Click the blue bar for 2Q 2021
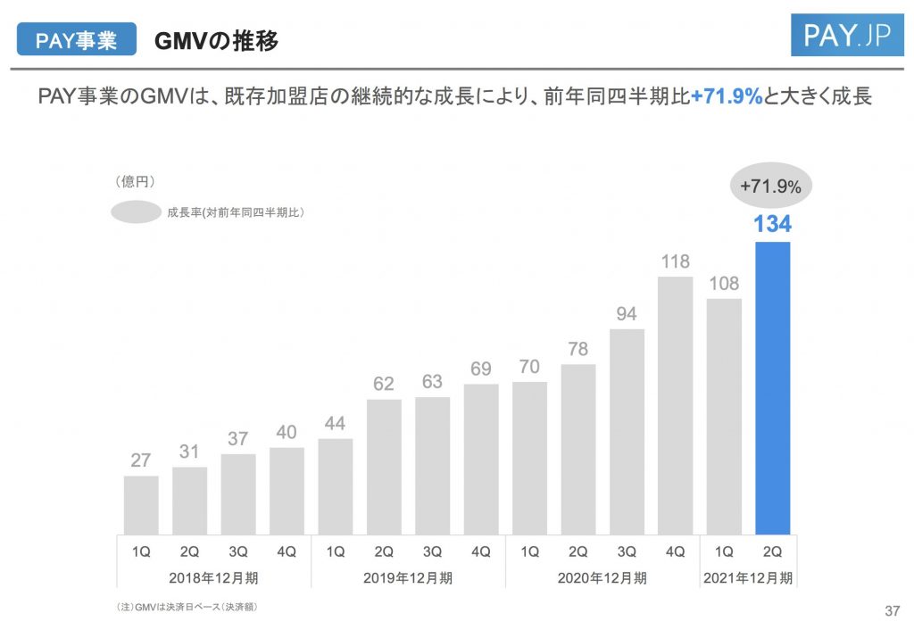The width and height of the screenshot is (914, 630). pos(772,387)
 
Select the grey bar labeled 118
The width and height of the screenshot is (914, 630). pos(676,404)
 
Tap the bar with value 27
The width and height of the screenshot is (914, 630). pos(141,504)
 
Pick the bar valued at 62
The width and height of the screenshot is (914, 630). pos(384,466)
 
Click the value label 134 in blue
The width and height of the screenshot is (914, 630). pos(772,224)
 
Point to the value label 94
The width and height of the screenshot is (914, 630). pos(627,314)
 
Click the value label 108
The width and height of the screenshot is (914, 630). pos(724,284)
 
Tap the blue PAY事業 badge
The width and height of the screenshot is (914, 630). pos(76,40)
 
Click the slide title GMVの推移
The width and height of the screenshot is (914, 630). pos(216,40)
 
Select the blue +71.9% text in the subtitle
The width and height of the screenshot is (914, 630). pos(727,96)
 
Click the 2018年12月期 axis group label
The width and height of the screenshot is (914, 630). pos(213,577)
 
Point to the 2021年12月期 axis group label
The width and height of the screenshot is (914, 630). pos(748,577)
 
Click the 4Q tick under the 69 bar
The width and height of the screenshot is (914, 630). pos(480,551)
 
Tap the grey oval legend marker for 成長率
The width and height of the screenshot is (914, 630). pos(136,212)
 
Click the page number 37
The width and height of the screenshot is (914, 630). pos(890,610)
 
